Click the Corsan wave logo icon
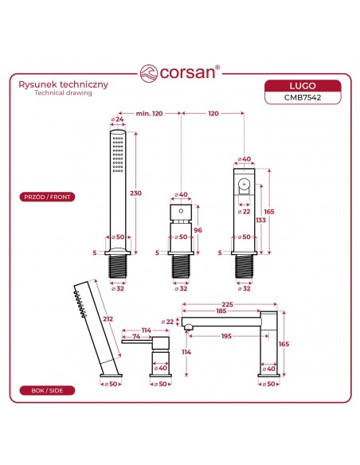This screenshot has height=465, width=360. click(x=149, y=73)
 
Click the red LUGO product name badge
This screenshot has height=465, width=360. click(x=303, y=86)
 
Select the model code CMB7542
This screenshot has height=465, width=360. click(x=303, y=98)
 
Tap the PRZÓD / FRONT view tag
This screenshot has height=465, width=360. click(x=47, y=197)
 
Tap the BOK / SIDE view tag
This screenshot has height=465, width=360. click(x=47, y=391)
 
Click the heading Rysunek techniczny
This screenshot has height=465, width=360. click(x=64, y=84)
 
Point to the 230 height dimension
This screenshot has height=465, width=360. click(x=136, y=193)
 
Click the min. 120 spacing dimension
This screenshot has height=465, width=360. click(x=149, y=113)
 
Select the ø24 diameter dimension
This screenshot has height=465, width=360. click(x=117, y=119)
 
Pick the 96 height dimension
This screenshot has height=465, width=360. click(x=198, y=230)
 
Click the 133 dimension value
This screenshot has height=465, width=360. click(x=261, y=220)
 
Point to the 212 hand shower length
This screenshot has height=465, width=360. click(x=108, y=318)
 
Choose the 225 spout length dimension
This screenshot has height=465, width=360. click(x=228, y=304)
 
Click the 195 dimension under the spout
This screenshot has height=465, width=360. click(x=226, y=336)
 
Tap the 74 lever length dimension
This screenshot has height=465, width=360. click(x=136, y=336)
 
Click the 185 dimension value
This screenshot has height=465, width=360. click(x=221, y=311)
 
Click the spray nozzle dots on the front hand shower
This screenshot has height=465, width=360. click(x=118, y=154)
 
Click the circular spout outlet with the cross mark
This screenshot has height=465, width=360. click(x=244, y=185)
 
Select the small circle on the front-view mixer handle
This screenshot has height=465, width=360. click(x=181, y=212)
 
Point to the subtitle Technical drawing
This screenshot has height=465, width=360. click(x=63, y=92)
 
